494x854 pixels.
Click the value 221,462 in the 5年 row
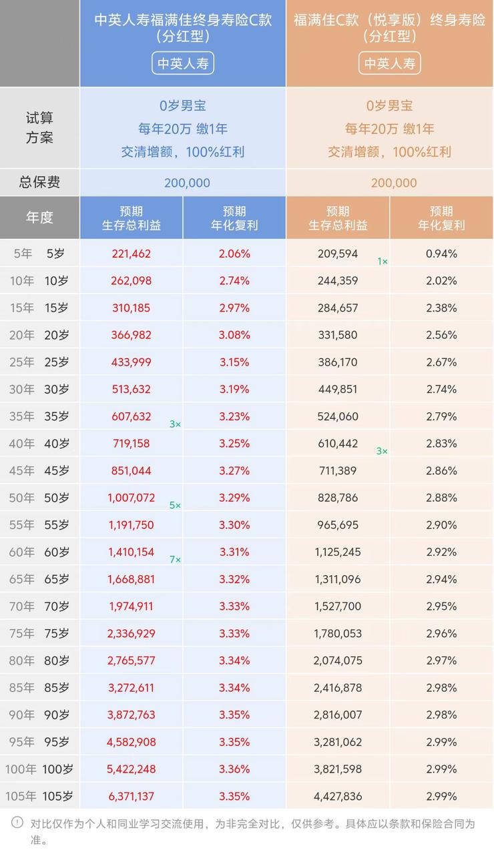click(x=132, y=254)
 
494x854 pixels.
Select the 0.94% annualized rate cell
click(x=441, y=254)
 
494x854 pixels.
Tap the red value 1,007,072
click(x=132, y=498)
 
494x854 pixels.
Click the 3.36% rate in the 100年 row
click(x=234, y=769)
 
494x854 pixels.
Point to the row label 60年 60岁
click(x=39, y=552)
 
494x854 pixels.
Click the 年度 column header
click(x=39, y=218)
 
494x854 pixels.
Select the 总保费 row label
click(x=39, y=182)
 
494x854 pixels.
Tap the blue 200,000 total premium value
click(x=187, y=183)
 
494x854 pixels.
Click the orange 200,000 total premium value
click(x=394, y=183)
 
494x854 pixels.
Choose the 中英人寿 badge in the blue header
click(x=183, y=64)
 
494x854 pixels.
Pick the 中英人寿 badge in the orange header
click(x=390, y=64)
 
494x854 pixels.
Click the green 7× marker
click(x=175, y=560)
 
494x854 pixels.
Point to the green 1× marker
click(x=383, y=262)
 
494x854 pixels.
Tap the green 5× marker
click(x=175, y=506)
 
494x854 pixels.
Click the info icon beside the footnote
click(x=17, y=823)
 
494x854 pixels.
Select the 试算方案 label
click(x=39, y=128)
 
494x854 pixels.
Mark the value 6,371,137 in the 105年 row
click(x=132, y=796)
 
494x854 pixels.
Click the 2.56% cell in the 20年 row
click(x=441, y=335)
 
